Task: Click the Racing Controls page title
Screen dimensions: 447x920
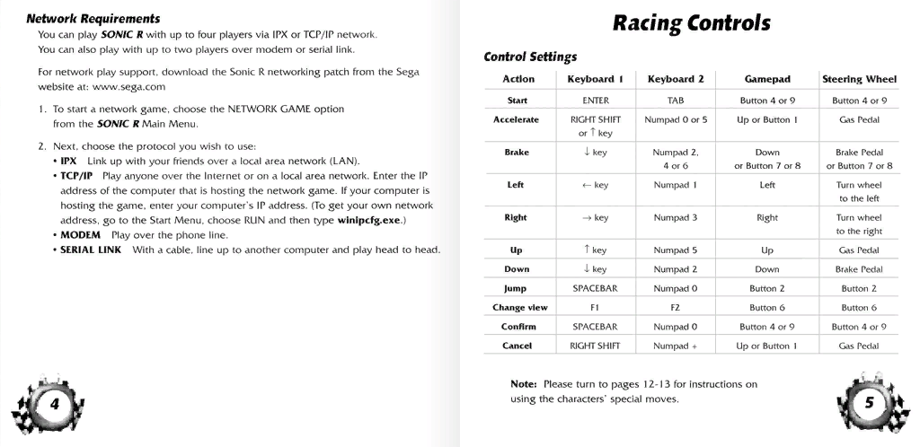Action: tap(691, 22)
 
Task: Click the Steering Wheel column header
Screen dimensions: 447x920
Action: tap(859, 79)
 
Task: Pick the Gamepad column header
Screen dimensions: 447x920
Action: tap(766, 79)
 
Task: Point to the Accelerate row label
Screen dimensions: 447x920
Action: tap(517, 119)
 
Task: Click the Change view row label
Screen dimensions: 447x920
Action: tap(517, 308)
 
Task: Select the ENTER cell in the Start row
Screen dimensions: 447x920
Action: tap(596, 101)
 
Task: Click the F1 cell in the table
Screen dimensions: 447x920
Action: tap(596, 308)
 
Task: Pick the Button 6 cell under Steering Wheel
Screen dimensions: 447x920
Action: tap(859, 308)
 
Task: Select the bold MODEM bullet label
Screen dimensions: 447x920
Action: tap(80, 234)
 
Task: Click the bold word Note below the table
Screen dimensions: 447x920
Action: tap(523, 384)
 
